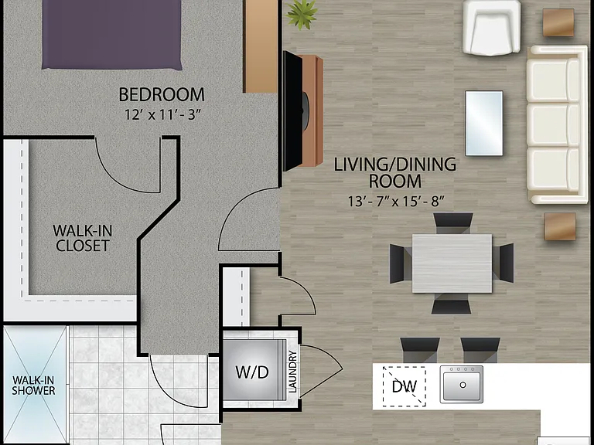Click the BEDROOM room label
click(x=162, y=94)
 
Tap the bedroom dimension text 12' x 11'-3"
click(x=162, y=114)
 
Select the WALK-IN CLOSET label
click(x=82, y=238)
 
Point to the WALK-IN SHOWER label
click(x=33, y=386)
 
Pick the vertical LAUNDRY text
click(x=292, y=372)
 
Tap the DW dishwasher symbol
click(x=404, y=386)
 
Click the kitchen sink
click(x=462, y=384)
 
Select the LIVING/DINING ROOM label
click(x=395, y=172)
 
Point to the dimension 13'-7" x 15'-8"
click(x=395, y=201)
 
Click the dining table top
click(x=452, y=263)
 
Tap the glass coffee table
click(x=484, y=123)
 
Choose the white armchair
click(x=492, y=28)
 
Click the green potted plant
click(x=302, y=15)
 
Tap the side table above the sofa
click(x=558, y=22)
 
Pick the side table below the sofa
click(x=560, y=226)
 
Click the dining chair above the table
click(x=453, y=223)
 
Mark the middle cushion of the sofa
click(x=553, y=125)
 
